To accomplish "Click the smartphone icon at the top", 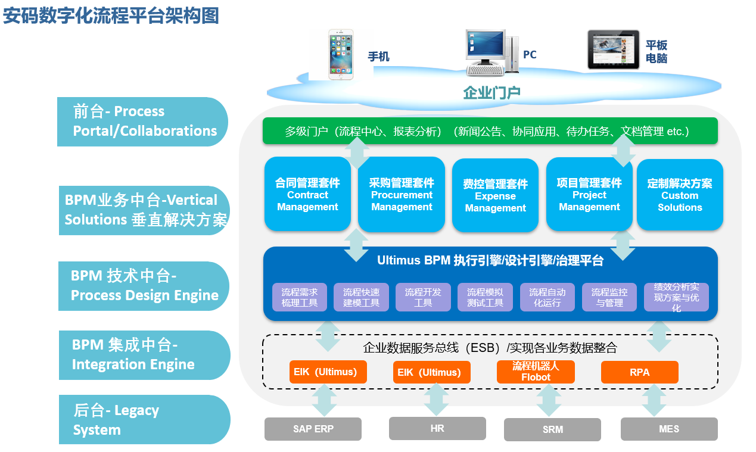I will pos(341,55).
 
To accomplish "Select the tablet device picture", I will pos(613,50).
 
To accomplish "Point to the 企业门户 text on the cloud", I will pos(491,92).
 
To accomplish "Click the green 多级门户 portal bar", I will pos(490,131).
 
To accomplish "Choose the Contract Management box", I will pos(307,194).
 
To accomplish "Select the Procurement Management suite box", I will pos(402,194).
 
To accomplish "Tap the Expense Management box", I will pos(496,195).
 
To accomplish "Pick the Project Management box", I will pos(589,194).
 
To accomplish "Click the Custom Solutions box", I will pos(680,195).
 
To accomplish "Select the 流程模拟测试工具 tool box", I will pos(485,297).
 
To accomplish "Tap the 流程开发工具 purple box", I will pos(423,297).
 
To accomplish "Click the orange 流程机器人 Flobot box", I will pos(536,372).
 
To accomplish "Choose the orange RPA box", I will pos(639,372).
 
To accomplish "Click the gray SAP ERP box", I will pos(313,429).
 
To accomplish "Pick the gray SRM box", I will pos(552,429).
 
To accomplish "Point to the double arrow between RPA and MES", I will pos(654,400).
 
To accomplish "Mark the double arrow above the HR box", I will pos(436,400).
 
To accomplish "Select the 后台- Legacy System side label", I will pos(143,419).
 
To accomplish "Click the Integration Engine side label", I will pos(143,355).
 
